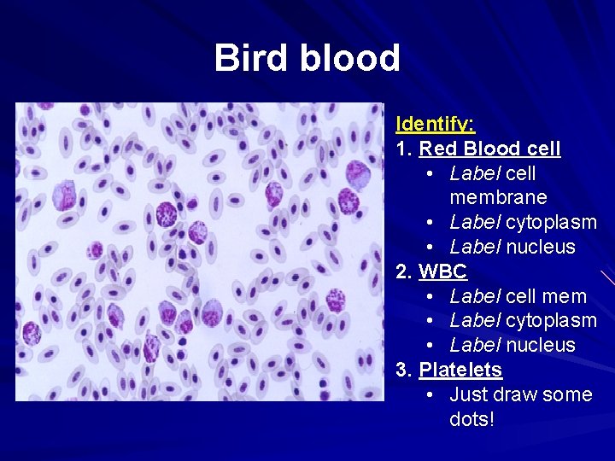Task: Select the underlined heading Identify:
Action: coord(436,124)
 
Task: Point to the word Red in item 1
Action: coord(437,149)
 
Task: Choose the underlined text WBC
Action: coord(443,271)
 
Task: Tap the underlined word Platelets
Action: coord(460,370)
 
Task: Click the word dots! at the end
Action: coord(471,419)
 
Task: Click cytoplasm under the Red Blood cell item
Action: coord(551,222)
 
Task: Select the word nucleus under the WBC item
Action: coord(541,345)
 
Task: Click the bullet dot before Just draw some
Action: coord(431,394)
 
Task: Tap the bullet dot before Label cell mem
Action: coord(431,296)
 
